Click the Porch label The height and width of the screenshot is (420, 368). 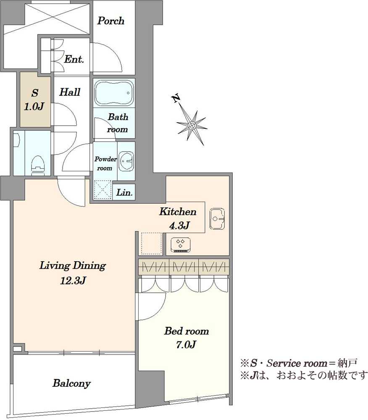point(110,21)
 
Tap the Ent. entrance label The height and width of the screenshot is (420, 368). point(74,59)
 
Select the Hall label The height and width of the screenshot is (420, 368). point(70,92)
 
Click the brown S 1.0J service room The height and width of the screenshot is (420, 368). point(35,100)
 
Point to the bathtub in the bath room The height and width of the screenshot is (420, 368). point(114,93)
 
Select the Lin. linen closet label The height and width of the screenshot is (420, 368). point(124,192)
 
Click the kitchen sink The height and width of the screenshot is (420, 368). point(217,218)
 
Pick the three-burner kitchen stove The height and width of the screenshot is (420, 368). point(180,244)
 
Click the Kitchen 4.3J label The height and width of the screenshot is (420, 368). point(178,218)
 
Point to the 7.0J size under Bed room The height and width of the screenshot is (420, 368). point(186,344)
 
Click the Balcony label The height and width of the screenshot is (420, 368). point(71,383)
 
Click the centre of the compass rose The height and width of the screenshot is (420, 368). point(192,125)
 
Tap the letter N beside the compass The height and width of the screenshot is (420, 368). point(176,99)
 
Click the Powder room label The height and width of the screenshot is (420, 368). point(105,163)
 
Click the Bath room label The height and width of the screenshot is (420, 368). point(118,123)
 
